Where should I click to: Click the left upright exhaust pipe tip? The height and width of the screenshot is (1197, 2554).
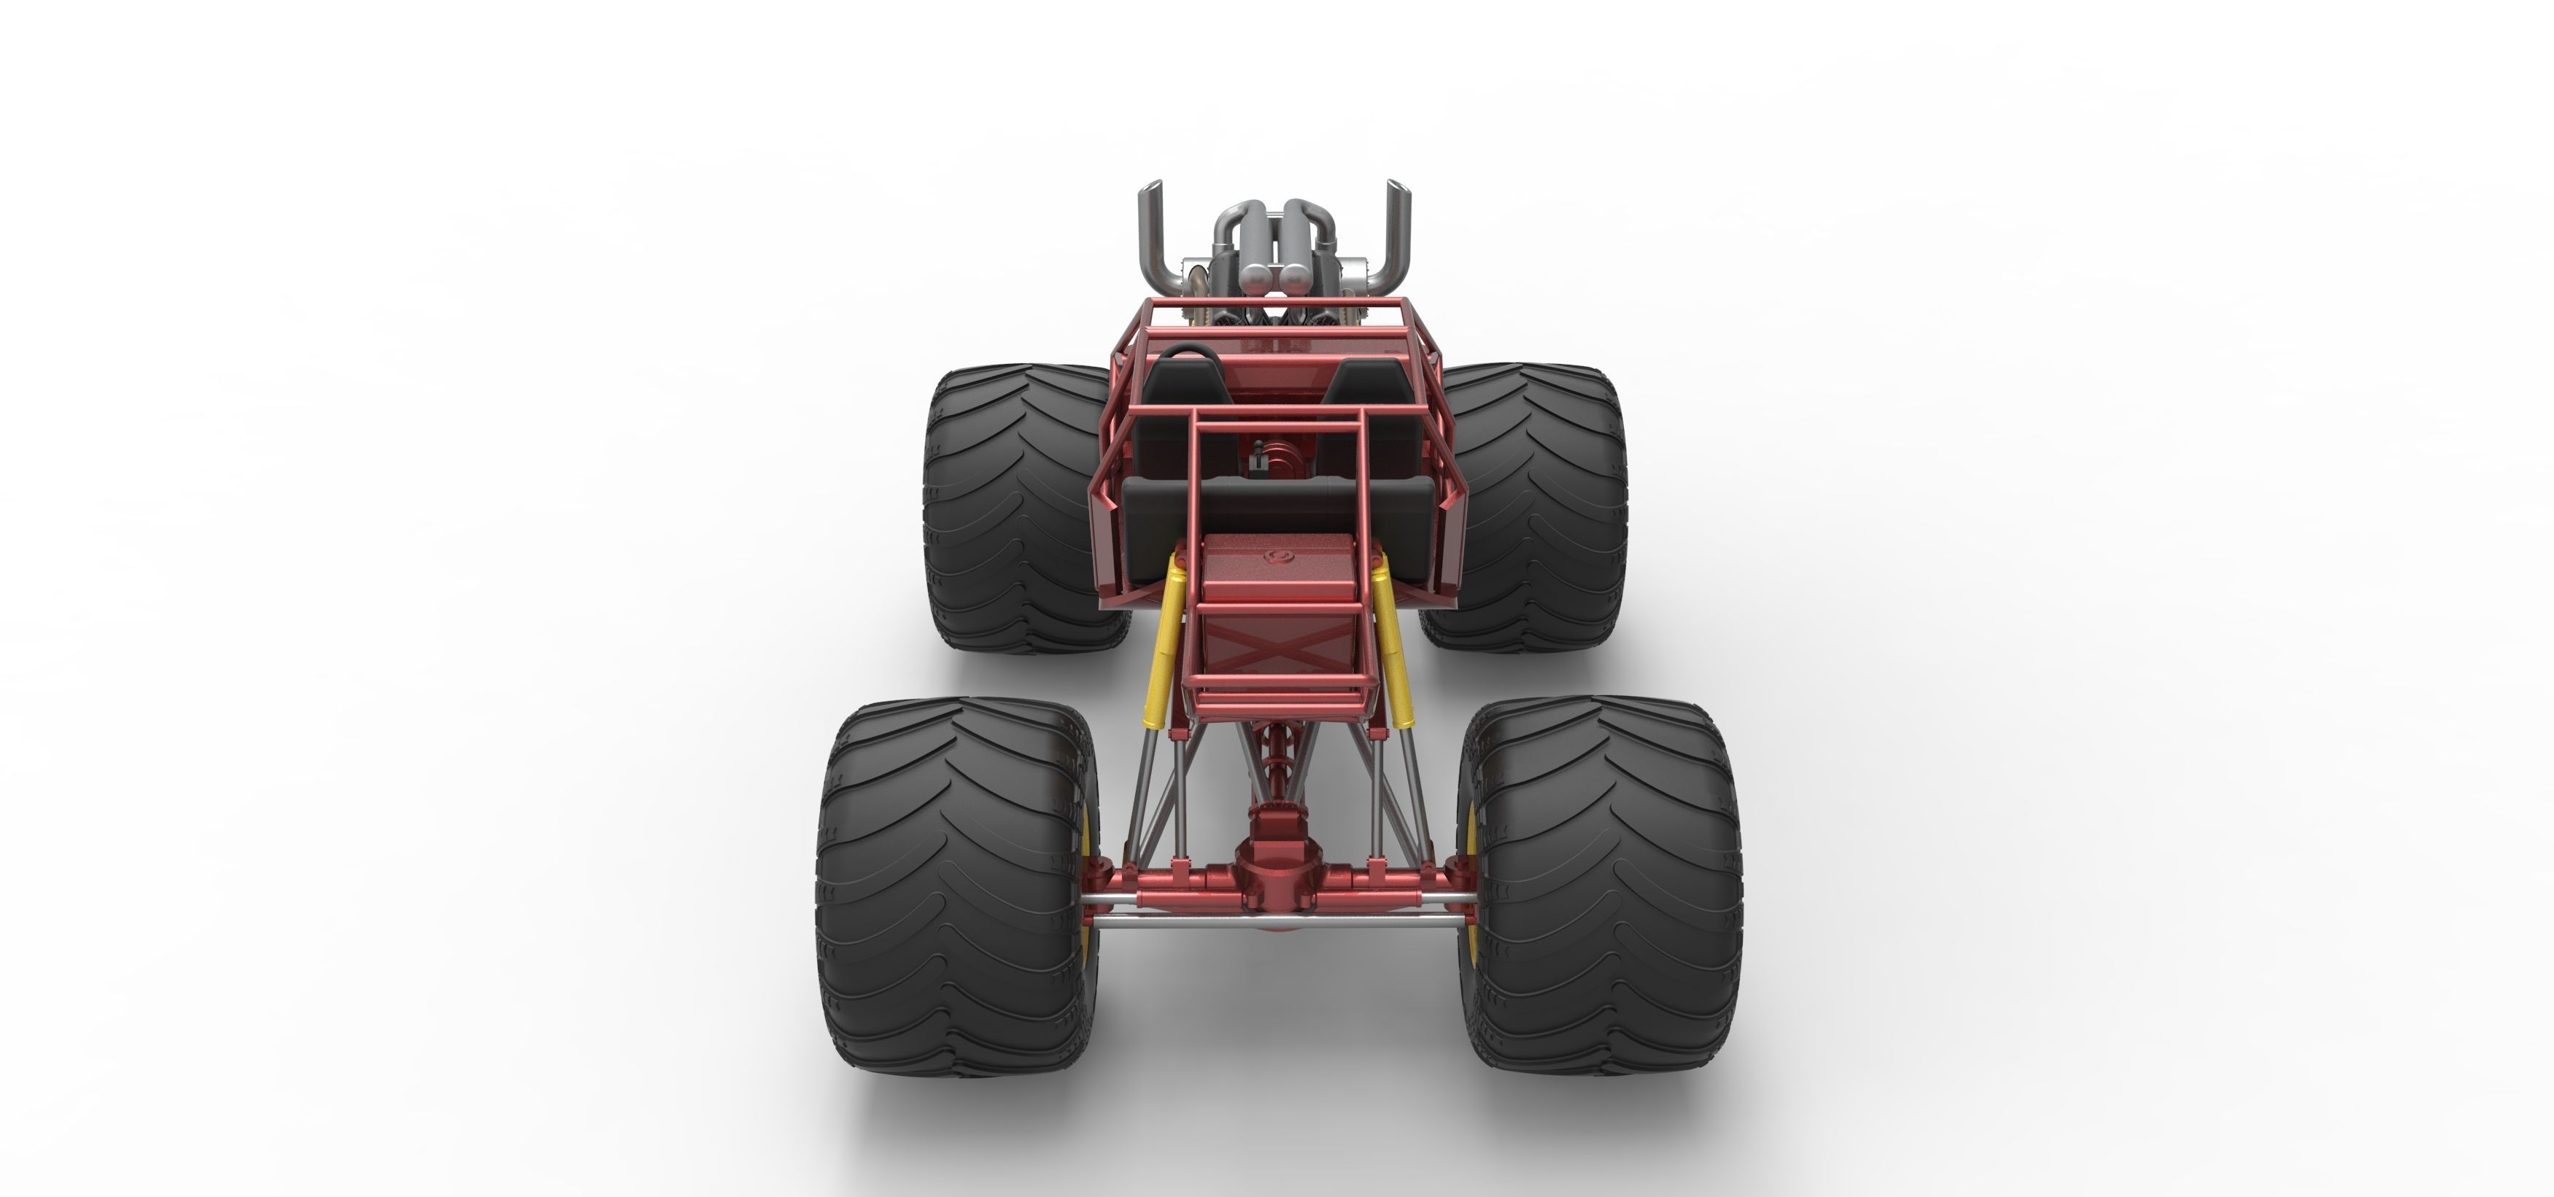(1151, 188)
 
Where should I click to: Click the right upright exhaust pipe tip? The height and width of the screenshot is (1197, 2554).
(1396, 188)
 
